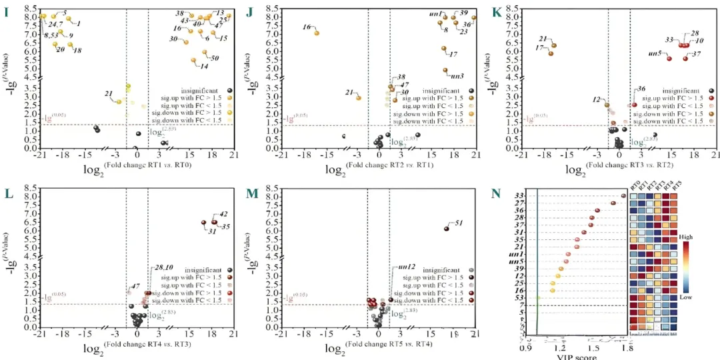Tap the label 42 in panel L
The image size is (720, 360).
[223, 215]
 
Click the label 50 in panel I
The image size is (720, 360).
[215, 58]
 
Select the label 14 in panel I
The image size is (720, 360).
[204, 66]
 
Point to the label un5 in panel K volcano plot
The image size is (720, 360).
[655, 53]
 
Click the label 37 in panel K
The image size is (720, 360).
[696, 53]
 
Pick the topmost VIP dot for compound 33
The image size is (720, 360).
[623, 195]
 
